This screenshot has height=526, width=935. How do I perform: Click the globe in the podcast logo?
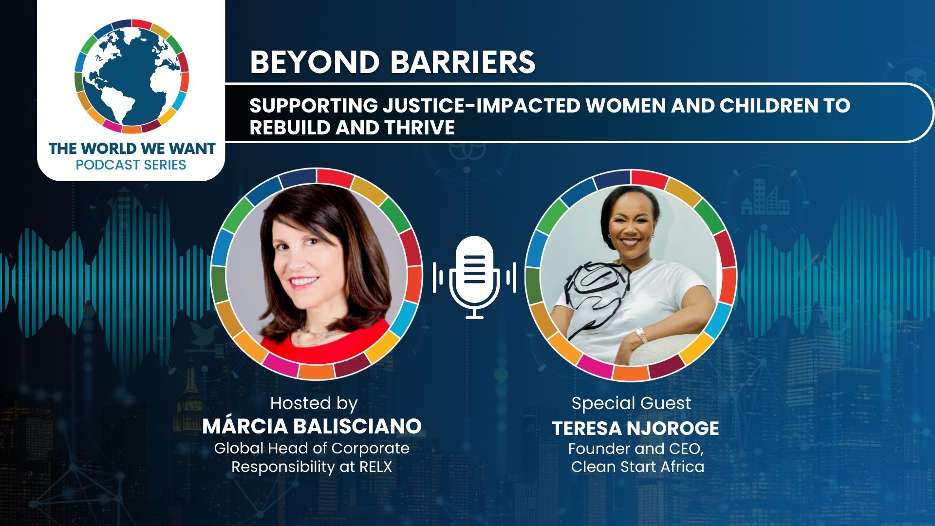click(x=131, y=76)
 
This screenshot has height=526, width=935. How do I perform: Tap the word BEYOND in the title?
click(x=315, y=62)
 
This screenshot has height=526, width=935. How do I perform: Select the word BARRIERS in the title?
click(x=463, y=62)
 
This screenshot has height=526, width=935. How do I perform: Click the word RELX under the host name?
click(x=375, y=467)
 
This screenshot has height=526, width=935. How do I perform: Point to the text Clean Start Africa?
click(x=637, y=467)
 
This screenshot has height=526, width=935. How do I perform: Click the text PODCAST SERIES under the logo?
click(x=131, y=165)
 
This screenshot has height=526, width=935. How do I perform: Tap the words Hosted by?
click(x=314, y=403)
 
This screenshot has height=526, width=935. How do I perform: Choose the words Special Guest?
click(x=631, y=403)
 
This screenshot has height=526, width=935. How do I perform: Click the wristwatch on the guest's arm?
click(x=641, y=335)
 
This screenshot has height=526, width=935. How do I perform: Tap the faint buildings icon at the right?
click(x=765, y=197)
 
